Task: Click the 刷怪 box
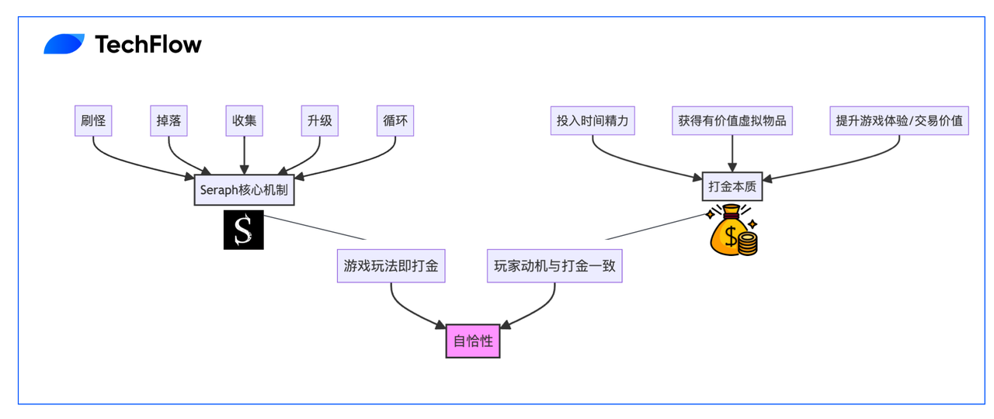click(93, 120)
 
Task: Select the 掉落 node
click(169, 120)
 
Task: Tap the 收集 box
click(244, 120)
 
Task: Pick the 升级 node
click(319, 120)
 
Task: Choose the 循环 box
click(395, 120)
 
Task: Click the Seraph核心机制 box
click(244, 190)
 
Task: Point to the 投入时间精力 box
click(593, 120)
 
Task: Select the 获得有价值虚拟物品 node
click(732, 120)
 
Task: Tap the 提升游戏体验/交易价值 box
click(899, 120)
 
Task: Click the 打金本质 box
click(732, 187)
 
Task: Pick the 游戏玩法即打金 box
click(391, 266)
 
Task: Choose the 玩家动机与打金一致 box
click(554, 266)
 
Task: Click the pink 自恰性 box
click(473, 341)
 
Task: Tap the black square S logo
click(244, 230)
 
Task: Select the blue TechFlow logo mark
click(64, 44)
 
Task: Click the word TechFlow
click(148, 44)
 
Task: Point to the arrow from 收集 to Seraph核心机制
click(244, 155)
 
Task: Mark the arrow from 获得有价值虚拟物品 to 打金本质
click(732, 154)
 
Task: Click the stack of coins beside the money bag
click(748, 244)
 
